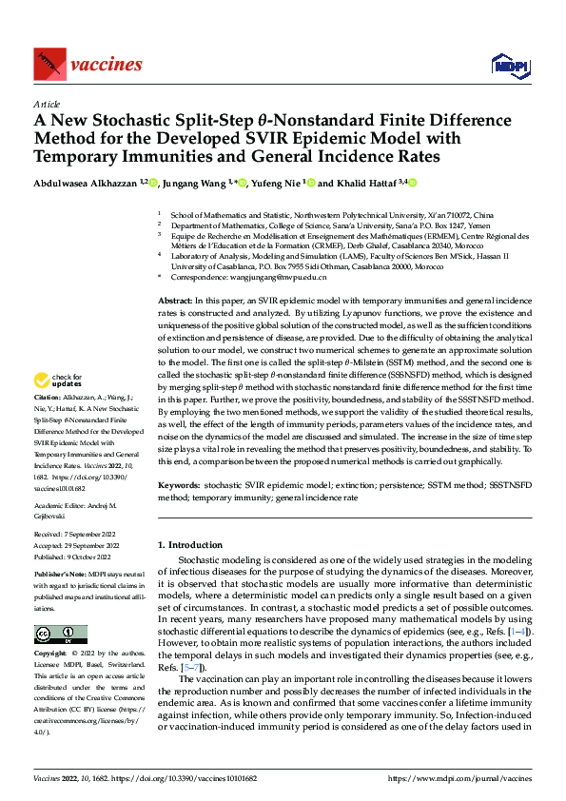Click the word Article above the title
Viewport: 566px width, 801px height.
tap(47, 104)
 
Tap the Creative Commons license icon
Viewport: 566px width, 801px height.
tap(60, 635)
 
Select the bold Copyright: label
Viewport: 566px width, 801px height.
tap(51, 654)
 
